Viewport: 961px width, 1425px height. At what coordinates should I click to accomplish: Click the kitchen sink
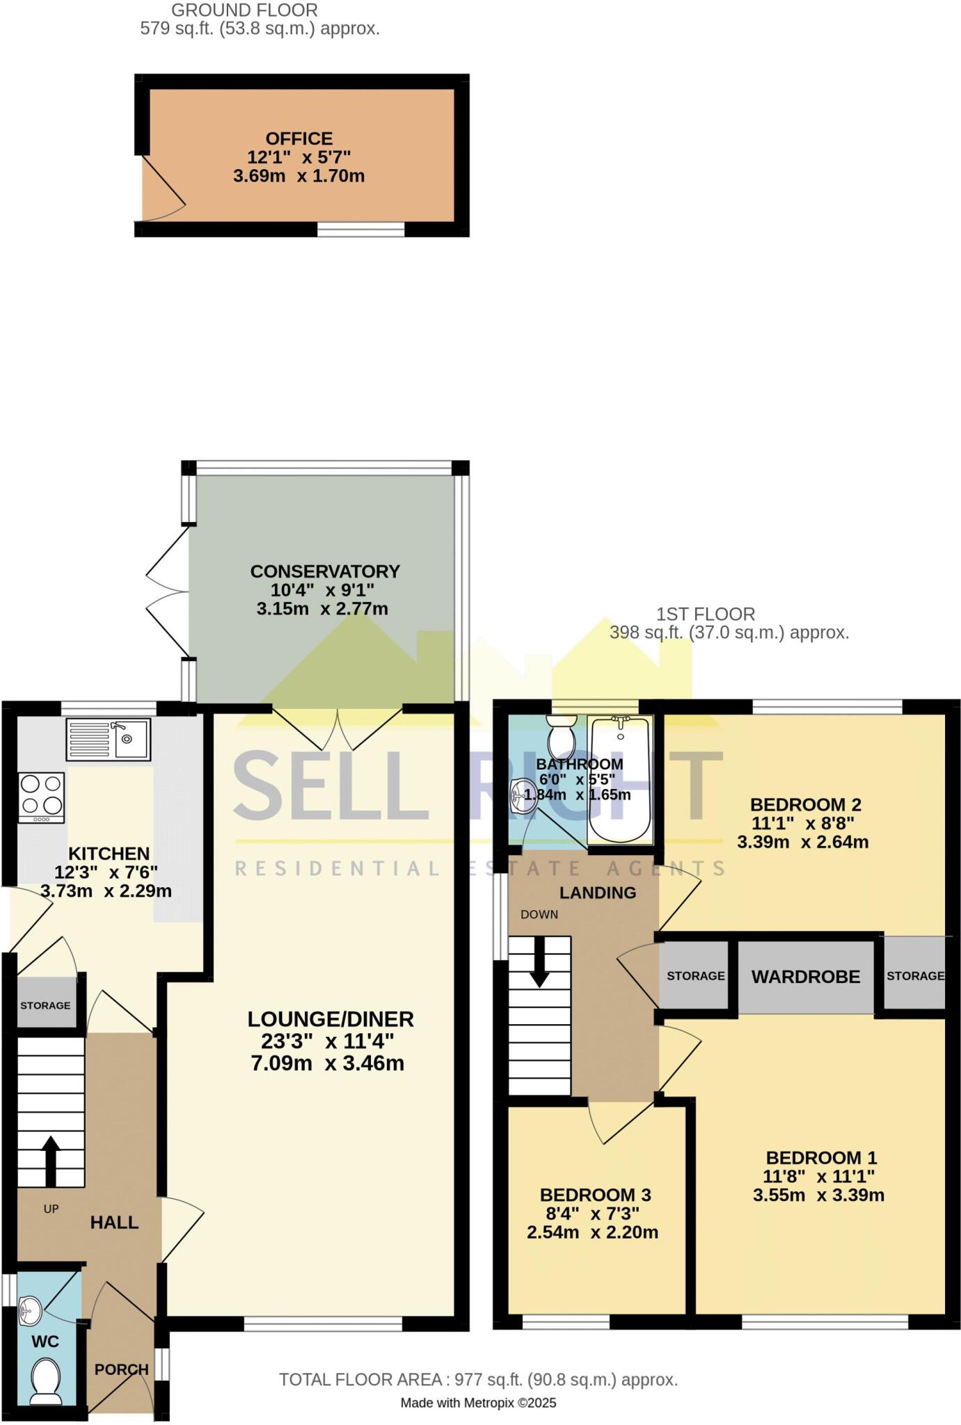point(108,739)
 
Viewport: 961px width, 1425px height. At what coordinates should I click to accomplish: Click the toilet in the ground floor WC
point(46,1379)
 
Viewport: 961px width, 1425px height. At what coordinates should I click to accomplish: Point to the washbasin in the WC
point(30,1312)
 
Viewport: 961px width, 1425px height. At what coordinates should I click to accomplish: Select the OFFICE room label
point(299,138)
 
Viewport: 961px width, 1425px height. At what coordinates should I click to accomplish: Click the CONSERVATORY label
point(325,571)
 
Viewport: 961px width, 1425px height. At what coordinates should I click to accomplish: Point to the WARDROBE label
point(805,977)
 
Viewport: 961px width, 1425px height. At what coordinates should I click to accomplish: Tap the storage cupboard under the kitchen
point(45,1005)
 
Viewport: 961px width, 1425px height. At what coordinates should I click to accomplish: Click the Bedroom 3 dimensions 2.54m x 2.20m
point(592,1232)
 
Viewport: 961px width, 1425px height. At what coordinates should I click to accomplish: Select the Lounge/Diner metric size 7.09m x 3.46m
point(328,1062)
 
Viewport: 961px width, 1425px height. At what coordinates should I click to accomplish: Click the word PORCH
point(122,1369)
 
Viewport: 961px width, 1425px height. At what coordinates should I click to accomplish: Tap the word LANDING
point(598,893)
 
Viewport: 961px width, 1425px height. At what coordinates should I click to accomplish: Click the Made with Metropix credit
point(478,1403)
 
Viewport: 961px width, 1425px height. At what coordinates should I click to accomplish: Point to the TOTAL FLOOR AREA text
point(478,1379)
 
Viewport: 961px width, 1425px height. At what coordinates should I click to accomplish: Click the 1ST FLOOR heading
point(705,614)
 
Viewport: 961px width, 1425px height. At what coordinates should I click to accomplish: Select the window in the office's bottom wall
point(360,229)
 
